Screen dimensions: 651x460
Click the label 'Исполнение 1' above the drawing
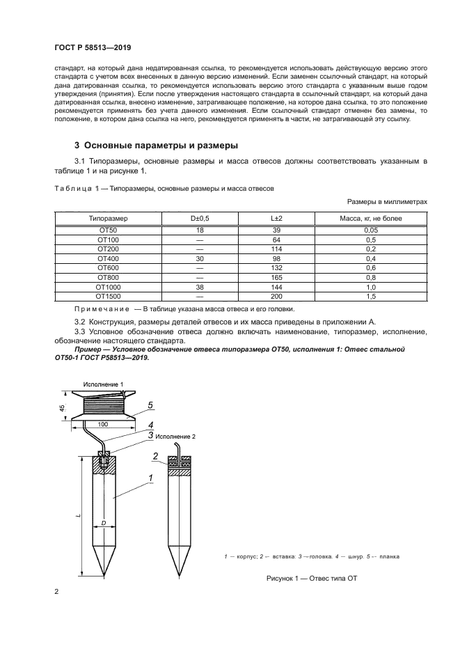tap(103, 384)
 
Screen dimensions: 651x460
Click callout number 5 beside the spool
tap(150, 405)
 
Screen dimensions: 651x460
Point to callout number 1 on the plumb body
tap(150, 478)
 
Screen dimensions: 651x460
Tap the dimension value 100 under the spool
tap(103, 423)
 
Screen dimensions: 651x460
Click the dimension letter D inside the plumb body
tap(103, 522)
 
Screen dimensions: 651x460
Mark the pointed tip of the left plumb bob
tap(104, 575)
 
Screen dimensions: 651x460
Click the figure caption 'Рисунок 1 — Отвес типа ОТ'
tap(311, 579)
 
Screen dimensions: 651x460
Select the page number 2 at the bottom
tap(56, 592)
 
